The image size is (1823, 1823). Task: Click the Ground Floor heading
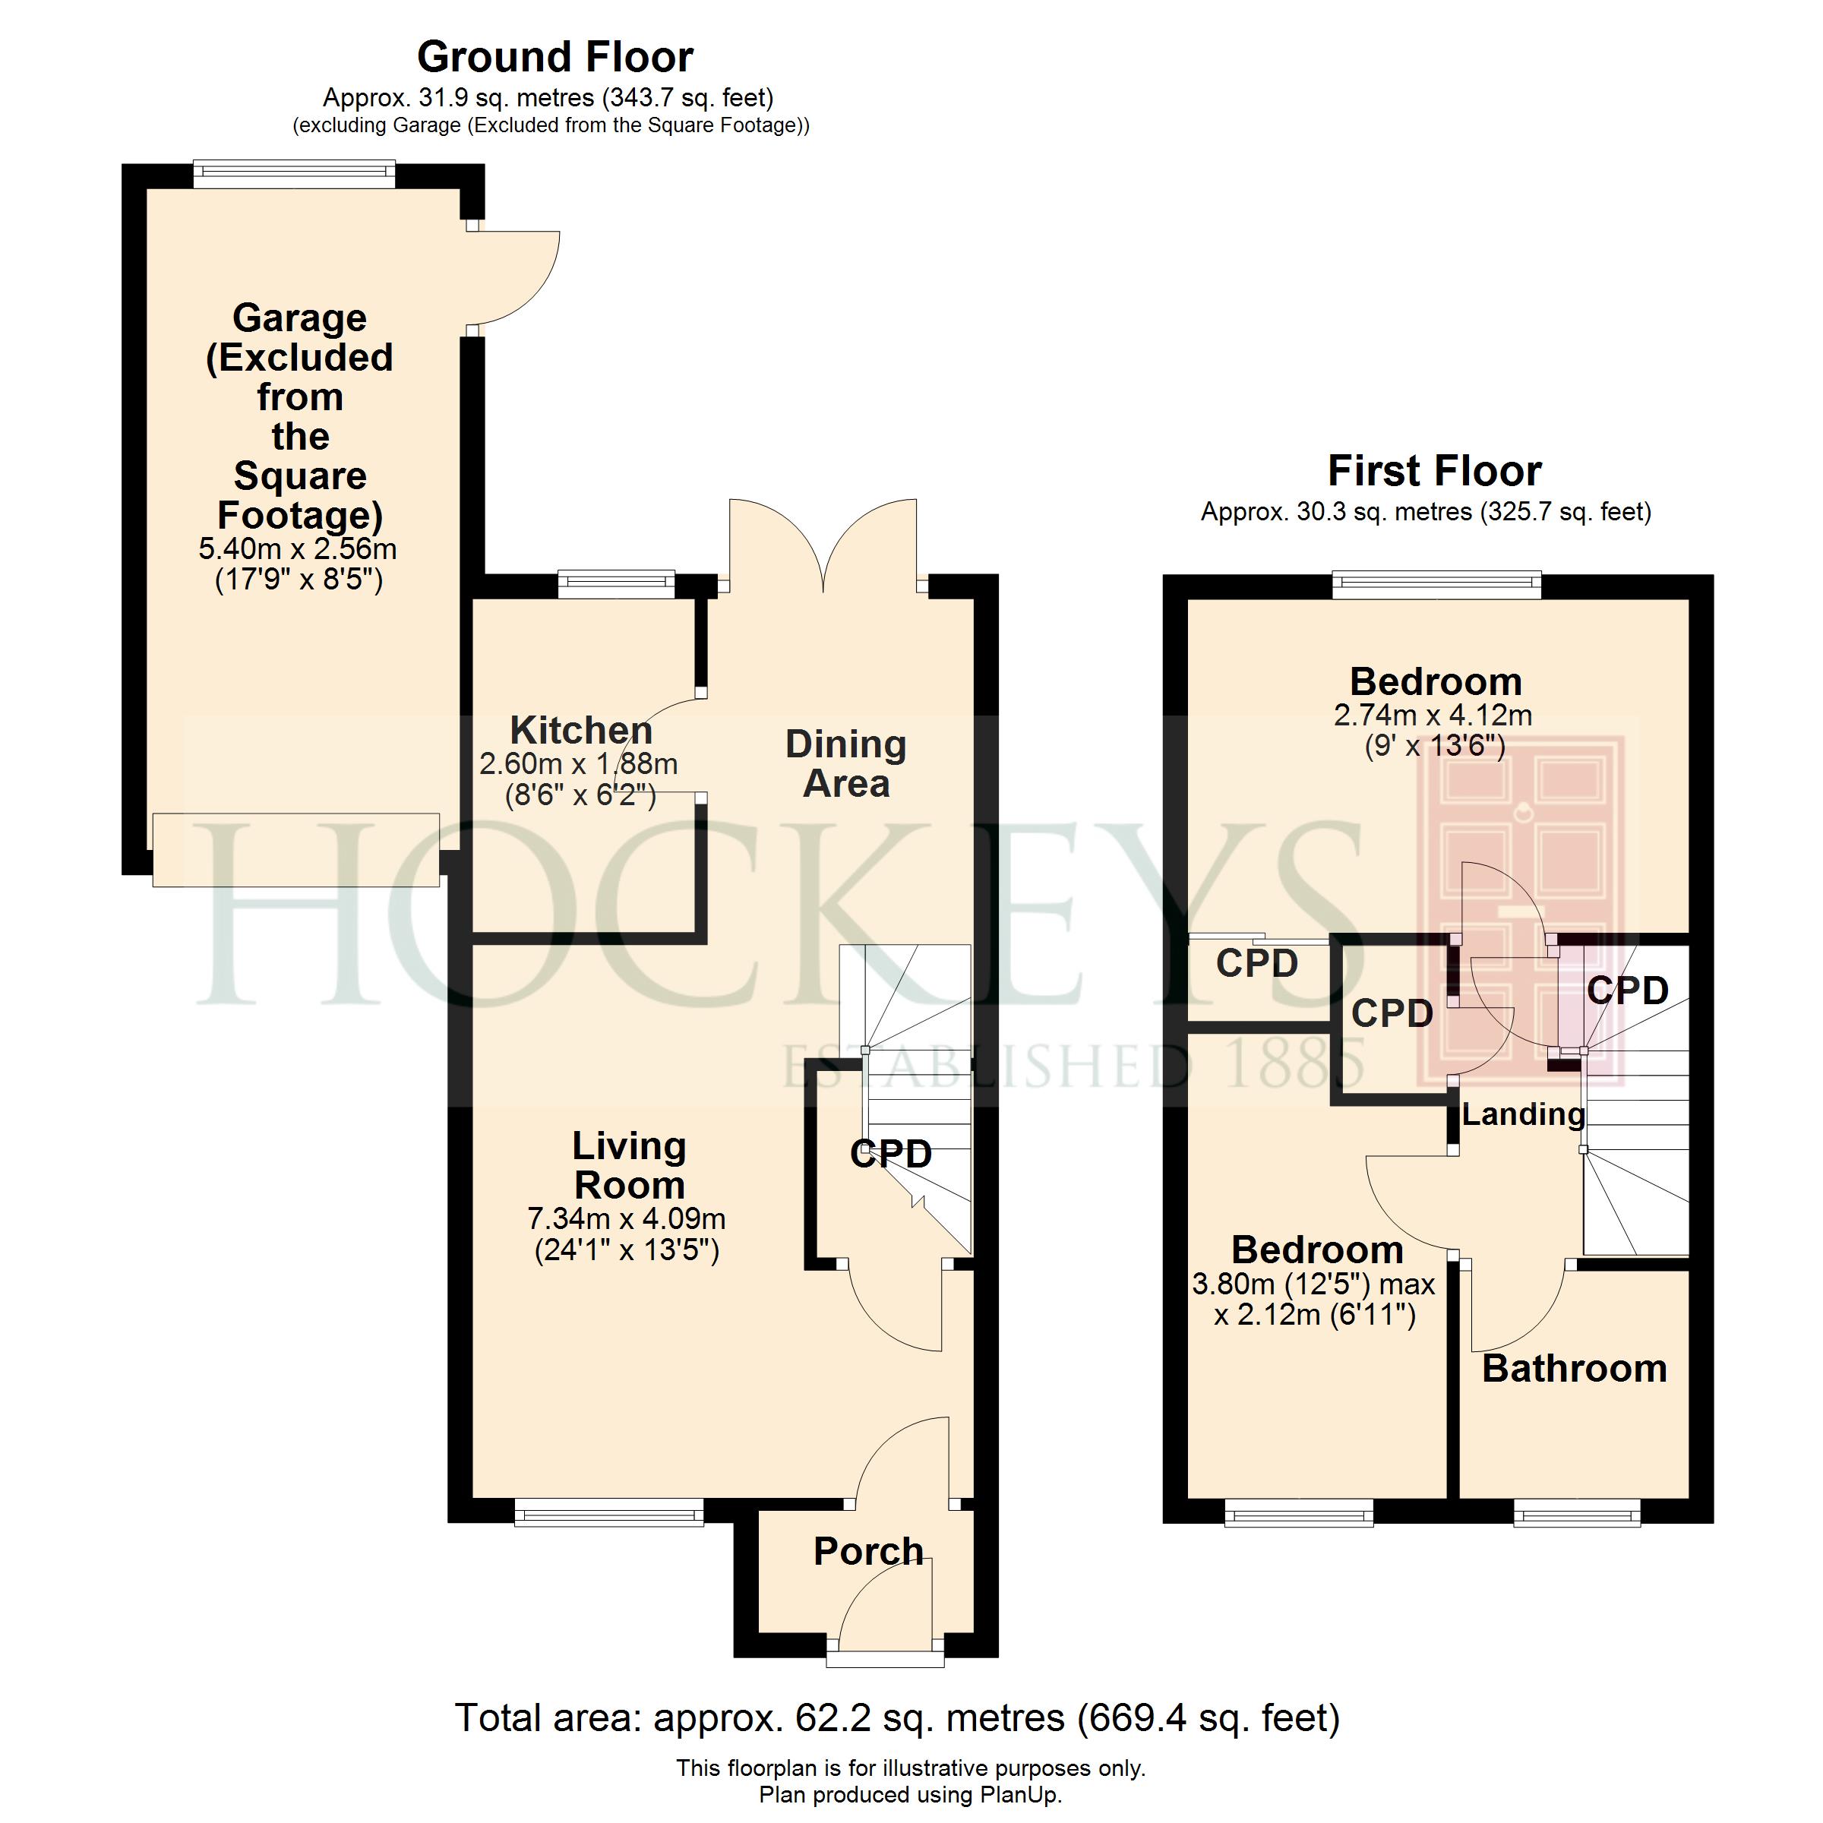[554, 58]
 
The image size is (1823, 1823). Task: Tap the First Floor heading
[1434, 471]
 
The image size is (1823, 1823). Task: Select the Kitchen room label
[581, 730]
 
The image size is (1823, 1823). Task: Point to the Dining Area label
[846, 764]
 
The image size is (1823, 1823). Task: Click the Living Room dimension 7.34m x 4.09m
[627, 1218]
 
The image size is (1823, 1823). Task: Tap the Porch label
[868, 1551]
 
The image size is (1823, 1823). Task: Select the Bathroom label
[1575, 1368]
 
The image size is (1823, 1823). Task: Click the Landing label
[1523, 1114]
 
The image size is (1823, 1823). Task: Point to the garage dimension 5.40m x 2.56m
[299, 549]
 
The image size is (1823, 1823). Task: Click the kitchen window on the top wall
[616, 584]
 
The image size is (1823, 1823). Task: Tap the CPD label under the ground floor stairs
[891, 1153]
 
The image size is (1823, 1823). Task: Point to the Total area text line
[897, 1717]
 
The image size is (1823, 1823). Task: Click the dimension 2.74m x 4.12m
[1433, 716]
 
